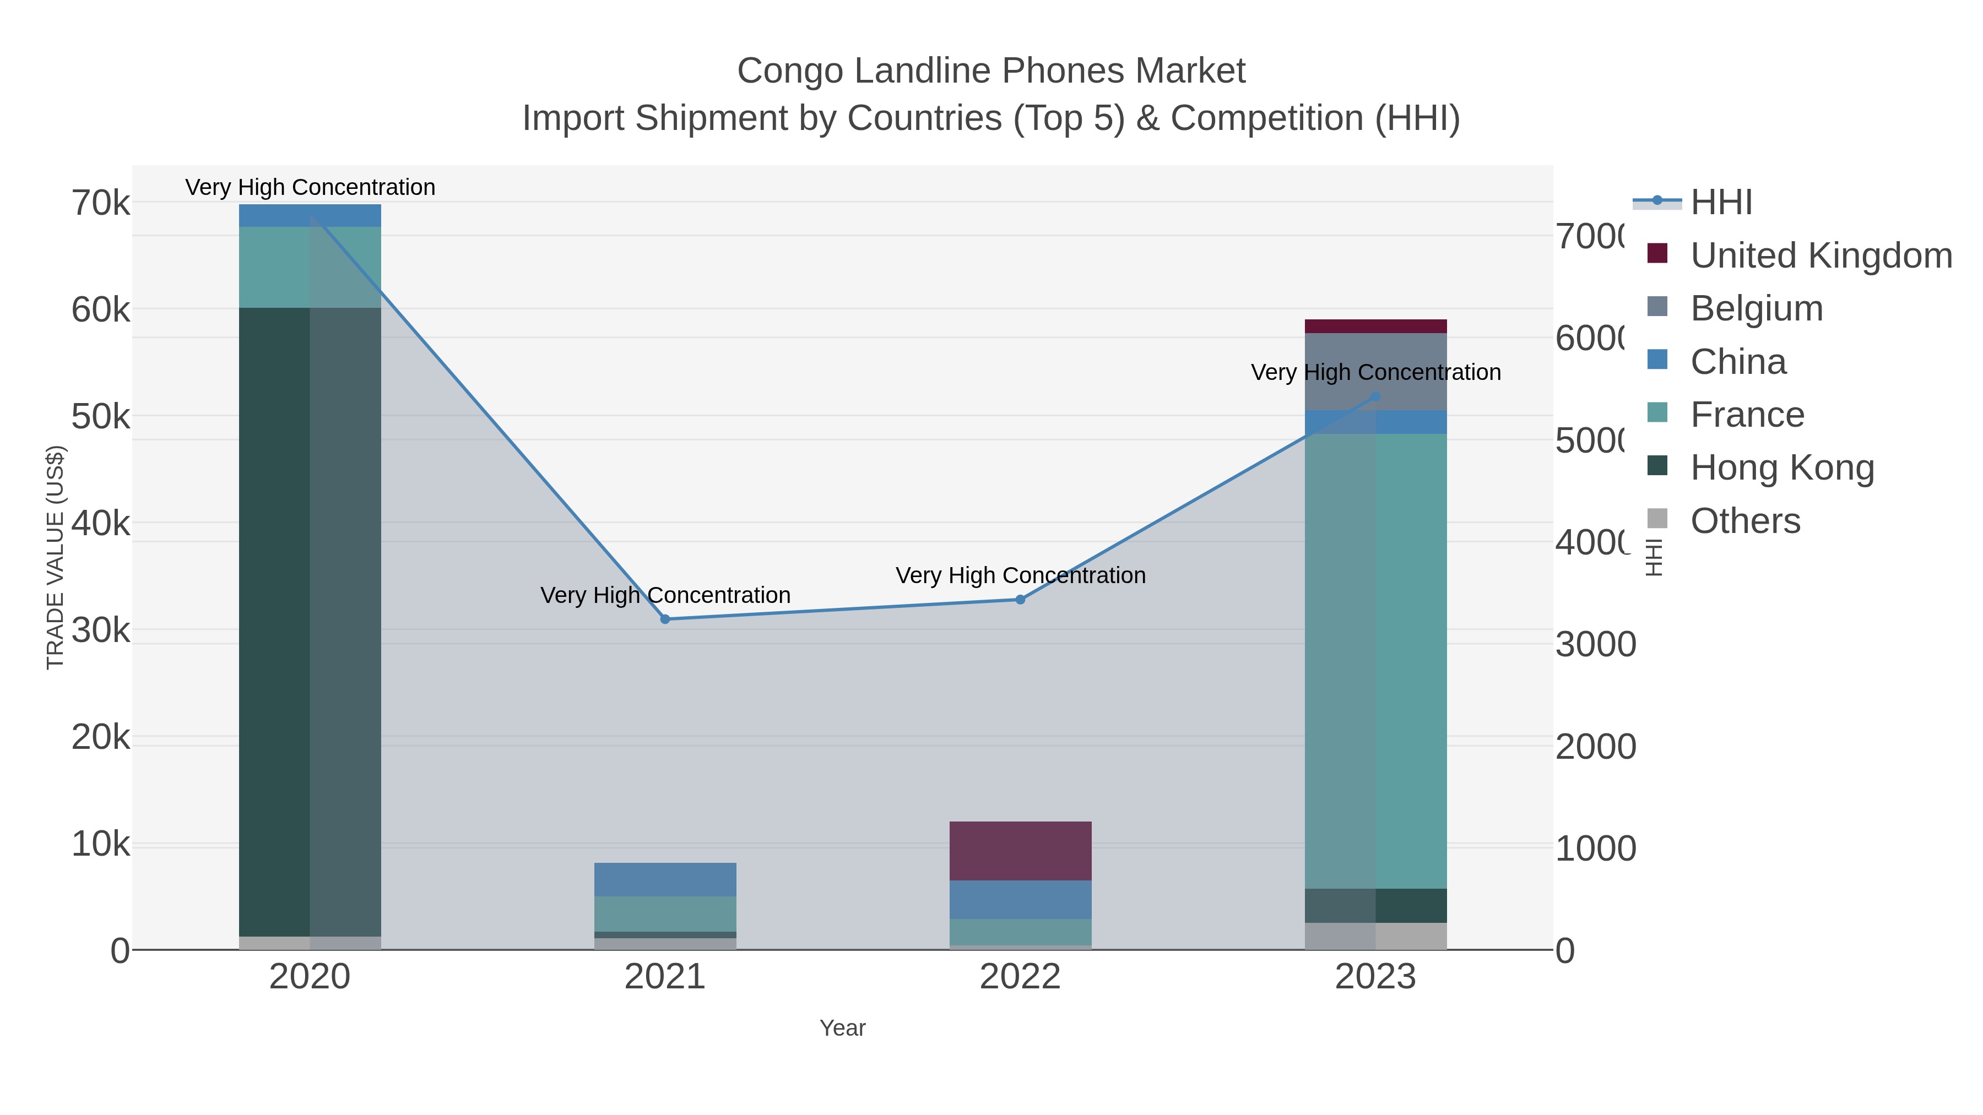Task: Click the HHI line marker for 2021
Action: [x=665, y=619]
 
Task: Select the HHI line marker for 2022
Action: [x=1020, y=600]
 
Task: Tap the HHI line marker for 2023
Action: [x=1375, y=397]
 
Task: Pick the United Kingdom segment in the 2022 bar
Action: [x=1020, y=850]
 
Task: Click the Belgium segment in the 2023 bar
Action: [x=1375, y=371]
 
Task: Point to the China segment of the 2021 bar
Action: [x=665, y=879]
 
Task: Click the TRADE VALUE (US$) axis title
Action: [x=56, y=557]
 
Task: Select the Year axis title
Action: [x=842, y=1028]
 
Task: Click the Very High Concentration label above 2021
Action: [x=665, y=596]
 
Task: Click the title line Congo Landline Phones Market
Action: [x=991, y=71]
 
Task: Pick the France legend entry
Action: [x=1747, y=415]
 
